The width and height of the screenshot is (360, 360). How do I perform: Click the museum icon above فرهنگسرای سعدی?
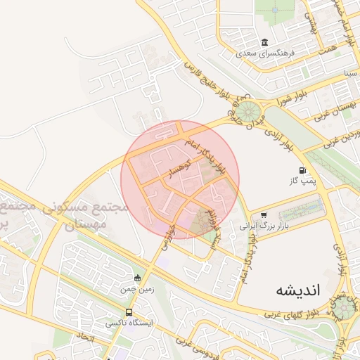(x=264, y=42)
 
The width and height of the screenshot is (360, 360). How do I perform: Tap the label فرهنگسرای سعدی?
(x=267, y=53)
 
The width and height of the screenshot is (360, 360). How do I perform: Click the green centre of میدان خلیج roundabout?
(x=247, y=112)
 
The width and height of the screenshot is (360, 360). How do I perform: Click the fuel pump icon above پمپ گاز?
(x=302, y=170)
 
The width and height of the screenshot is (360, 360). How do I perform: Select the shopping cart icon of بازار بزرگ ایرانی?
(x=264, y=215)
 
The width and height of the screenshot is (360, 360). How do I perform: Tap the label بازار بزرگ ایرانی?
(x=256, y=226)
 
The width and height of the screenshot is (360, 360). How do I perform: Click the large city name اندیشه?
(x=297, y=289)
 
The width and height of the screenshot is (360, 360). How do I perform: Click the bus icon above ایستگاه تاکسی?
(x=129, y=312)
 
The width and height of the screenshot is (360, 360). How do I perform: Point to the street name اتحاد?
(x=84, y=337)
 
